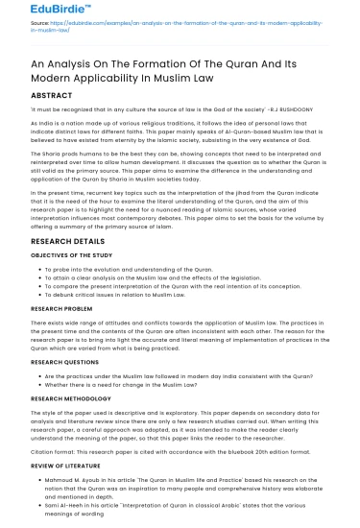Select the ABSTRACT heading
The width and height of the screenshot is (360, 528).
(39, 96)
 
